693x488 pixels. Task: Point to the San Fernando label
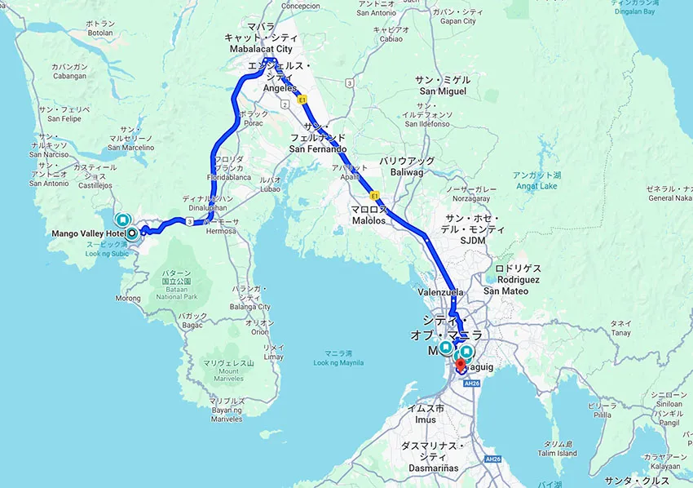point(318,149)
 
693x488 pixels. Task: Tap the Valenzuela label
point(440,291)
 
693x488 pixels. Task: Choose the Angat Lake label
point(536,185)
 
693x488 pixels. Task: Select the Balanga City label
point(250,307)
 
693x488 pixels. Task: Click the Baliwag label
point(403,172)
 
